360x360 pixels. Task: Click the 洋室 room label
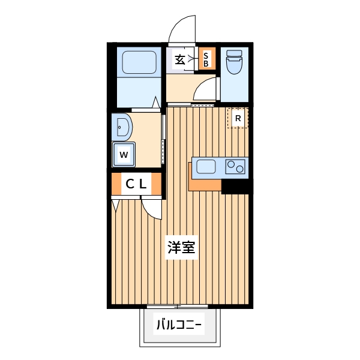[180, 248]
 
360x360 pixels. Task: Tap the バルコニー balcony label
[179, 326]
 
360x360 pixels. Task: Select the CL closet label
[136, 185]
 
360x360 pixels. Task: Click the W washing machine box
[124, 154]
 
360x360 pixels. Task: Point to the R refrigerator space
[238, 118]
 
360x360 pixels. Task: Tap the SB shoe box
[206, 59]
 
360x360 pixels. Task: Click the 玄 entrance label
[180, 59]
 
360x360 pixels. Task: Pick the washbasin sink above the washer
[122, 126]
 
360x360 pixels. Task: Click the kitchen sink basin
[206, 166]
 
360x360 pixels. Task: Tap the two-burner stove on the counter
[235, 166]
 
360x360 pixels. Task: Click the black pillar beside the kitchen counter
[235, 187]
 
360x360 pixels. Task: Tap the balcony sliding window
[178, 307]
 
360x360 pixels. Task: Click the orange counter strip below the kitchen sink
[204, 184]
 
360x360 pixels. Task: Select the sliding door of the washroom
[163, 138]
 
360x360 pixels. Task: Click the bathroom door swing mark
[156, 103]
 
